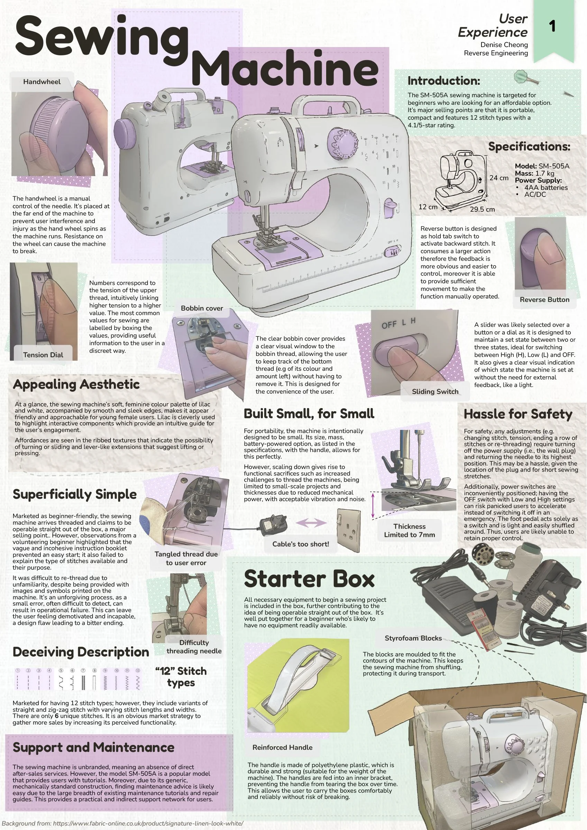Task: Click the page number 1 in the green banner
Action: tap(552, 26)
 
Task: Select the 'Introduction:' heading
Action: tap(444, 81)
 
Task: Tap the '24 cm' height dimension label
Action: tap(499, 178)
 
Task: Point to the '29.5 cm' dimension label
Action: tap(483, 209)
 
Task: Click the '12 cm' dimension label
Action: tap(428, 207)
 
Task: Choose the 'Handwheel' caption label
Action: tap(42, 82)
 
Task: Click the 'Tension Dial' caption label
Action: tap(43, 355)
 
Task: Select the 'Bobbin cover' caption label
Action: tap(202, 308)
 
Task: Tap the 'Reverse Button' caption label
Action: tap(544, 300)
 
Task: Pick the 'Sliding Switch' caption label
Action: tap(435, 391)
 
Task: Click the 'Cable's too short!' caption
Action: tap(301, 544)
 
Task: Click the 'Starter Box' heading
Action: tap(309, 579)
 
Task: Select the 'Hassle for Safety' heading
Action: tap(518, 414)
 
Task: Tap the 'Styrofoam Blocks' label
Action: tap(413, 638)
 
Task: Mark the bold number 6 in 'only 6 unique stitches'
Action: tap(56, 716)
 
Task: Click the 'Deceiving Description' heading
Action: tap(81, 652)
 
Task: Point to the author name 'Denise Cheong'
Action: tap(504, 45)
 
